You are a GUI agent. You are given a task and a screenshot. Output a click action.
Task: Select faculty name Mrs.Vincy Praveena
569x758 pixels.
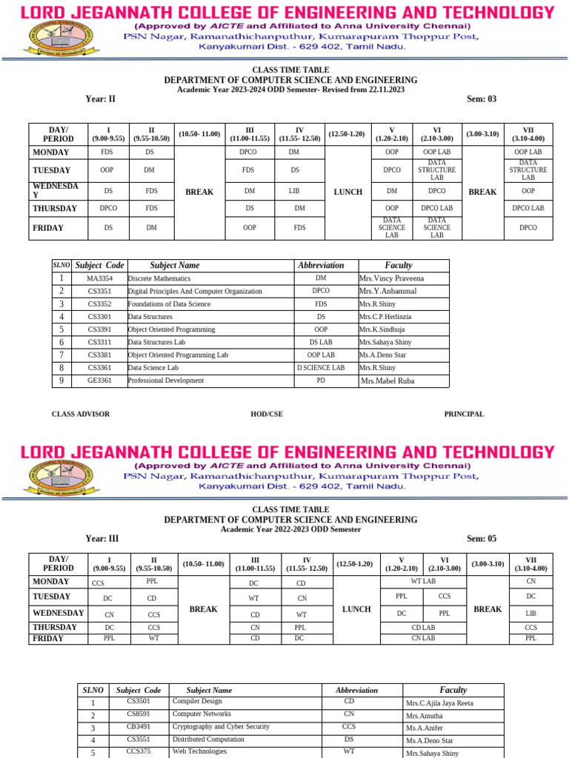(391, 278)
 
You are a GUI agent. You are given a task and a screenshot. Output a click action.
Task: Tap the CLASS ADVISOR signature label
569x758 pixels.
(80, 415)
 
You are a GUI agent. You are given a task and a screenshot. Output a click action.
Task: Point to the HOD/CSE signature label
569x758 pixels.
(267, 415)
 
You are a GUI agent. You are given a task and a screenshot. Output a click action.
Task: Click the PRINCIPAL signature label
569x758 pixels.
(464, 415)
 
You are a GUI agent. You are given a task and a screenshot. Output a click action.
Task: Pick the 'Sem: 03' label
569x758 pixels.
(482, 99)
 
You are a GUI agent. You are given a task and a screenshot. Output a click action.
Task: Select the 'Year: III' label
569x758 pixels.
(102, 539)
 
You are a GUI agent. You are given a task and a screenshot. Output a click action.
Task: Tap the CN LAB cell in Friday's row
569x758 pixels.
(422, 638)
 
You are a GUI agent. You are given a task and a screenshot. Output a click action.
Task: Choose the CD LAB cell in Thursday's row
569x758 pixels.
(422, 627)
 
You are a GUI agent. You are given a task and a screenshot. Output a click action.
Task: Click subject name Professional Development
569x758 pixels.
(166, 380)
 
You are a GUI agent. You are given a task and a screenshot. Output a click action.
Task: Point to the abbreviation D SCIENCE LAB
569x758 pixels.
(321, 368)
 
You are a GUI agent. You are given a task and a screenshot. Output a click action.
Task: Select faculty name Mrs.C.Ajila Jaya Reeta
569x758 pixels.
(439, 703)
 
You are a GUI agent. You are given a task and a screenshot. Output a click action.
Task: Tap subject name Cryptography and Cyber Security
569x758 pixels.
(221, 727)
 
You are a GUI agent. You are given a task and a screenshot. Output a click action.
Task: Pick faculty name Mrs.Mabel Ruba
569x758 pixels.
(389, 381)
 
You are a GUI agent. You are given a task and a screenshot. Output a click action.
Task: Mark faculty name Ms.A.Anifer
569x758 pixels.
(424, 728)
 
